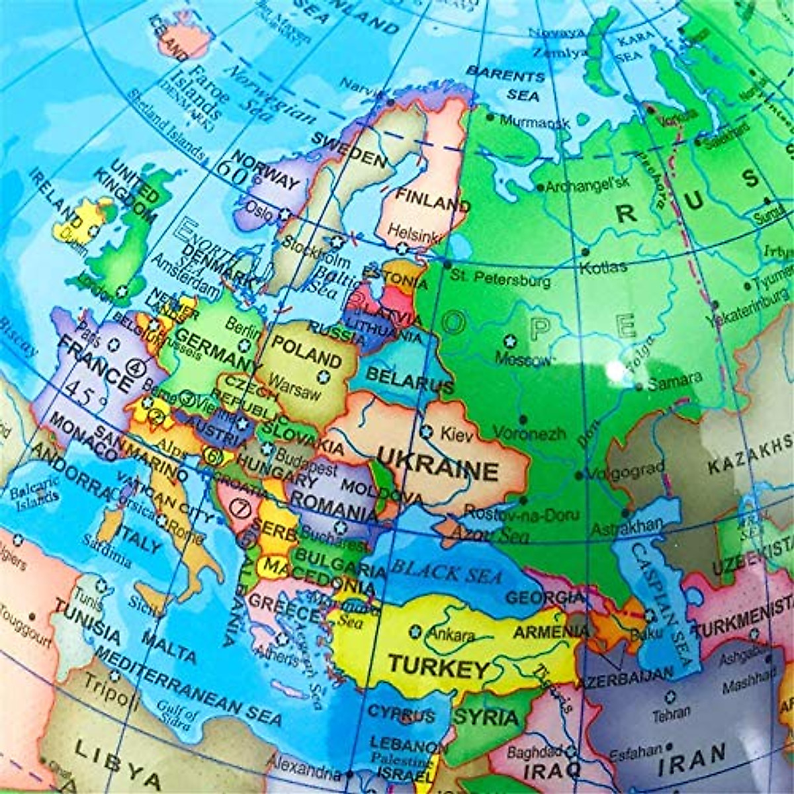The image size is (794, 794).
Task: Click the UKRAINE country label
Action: tap(437, 466)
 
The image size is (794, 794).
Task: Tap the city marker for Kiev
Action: tap(427, 432)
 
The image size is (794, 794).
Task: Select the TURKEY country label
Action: tap(439, 666)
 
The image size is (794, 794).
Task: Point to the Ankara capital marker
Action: tap(416, 630)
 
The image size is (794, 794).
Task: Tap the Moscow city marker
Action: tap(509, 341)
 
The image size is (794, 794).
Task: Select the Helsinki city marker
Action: tap(402, 248)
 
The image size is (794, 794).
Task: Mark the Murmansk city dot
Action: tap(490, 117)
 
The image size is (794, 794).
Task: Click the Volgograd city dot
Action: tap(579, 475)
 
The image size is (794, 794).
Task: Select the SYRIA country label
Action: tap(486, 717)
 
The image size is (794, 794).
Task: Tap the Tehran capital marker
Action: tap(670, 696)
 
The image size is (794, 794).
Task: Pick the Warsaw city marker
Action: tap(324, 377)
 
